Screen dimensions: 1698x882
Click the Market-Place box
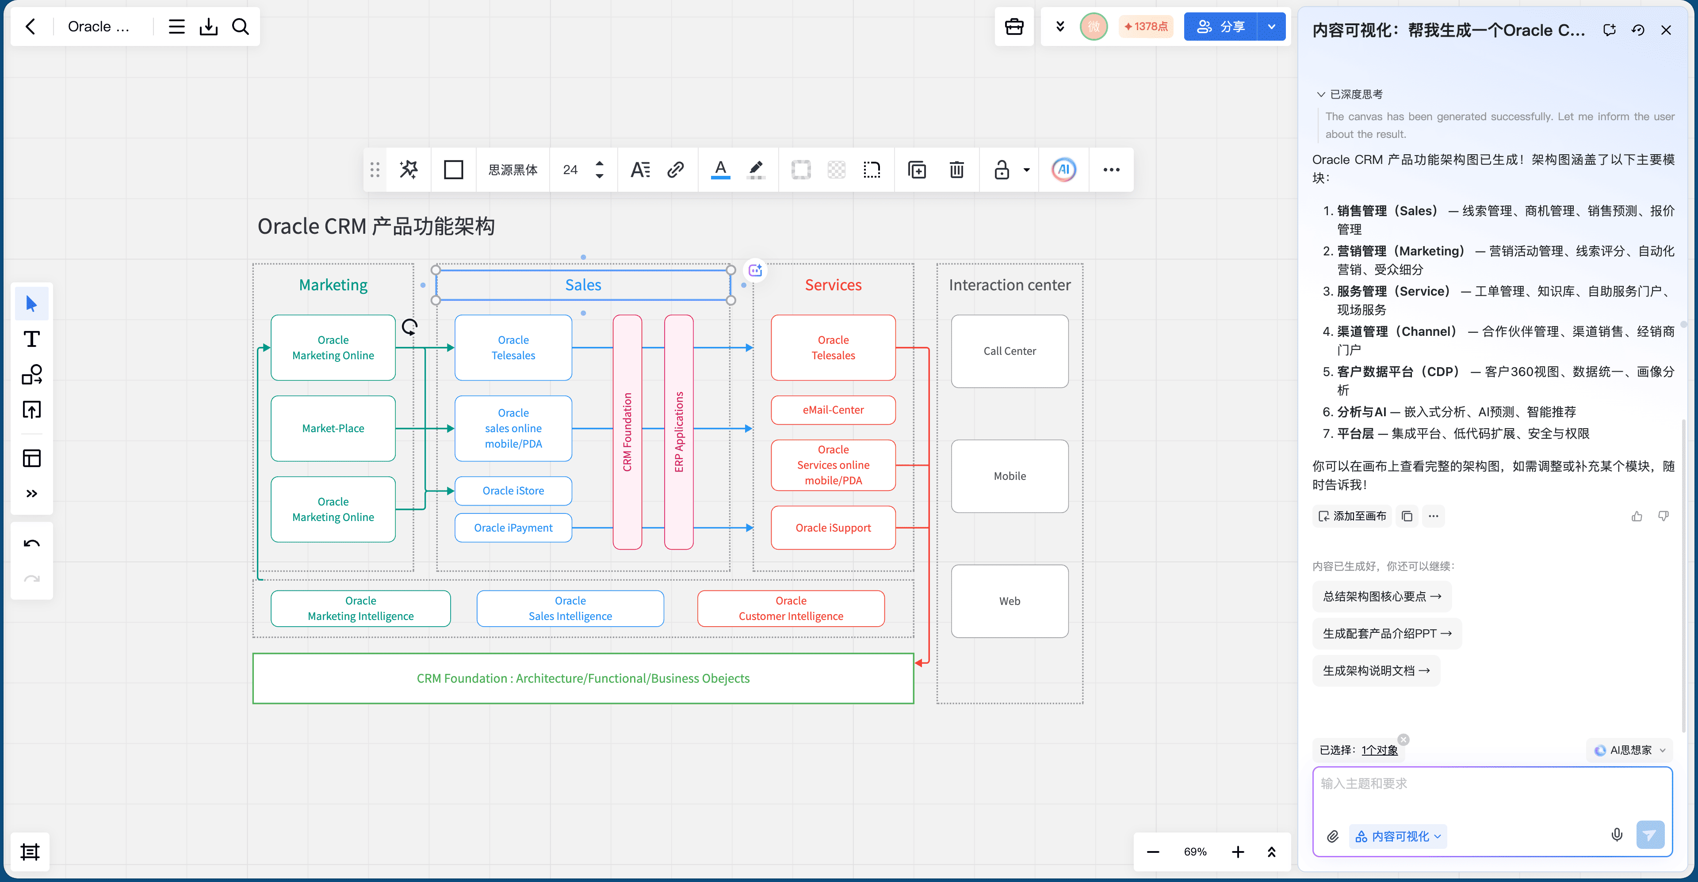pos(333,428)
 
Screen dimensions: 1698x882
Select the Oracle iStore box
pos(513,491)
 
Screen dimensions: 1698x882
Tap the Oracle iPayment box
pos(513,528)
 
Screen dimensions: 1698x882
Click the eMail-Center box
pos(833,410)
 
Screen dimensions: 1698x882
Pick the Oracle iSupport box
pos(833,528)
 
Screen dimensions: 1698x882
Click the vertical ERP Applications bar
pos(679,432)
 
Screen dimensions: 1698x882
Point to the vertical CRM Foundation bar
pos(627,432)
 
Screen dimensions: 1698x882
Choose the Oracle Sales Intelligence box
pos(570,608)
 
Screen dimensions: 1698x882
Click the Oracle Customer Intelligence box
pos(791,608)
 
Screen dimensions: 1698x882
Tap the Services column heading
pos(833,285)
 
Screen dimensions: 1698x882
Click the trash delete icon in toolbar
pos(956,170)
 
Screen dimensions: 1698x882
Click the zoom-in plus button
pos(1238,852)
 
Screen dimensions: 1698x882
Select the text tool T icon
pos(32,339)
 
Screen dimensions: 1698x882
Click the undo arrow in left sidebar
pos(32,544)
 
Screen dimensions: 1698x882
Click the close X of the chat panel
pos(1666,30)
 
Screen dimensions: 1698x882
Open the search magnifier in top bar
pos(241,27)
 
